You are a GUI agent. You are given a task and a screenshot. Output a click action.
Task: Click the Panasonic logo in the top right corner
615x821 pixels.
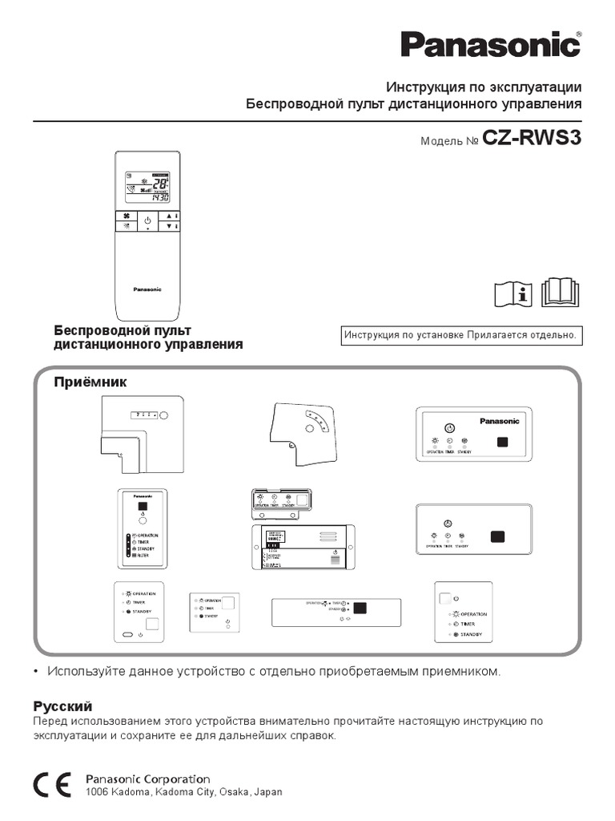click(x=490, y=44)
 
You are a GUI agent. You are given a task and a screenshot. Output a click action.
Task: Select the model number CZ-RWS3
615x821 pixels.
click(x=532, y=138)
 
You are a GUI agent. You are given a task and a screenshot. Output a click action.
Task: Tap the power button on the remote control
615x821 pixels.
click(x=147, y=219)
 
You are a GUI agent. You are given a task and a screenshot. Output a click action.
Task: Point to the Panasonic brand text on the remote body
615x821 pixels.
click(x=147, y=289)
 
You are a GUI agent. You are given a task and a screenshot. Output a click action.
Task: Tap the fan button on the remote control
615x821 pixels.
click(x=126, y=216)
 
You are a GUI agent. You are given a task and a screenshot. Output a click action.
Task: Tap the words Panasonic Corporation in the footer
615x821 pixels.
click(x=148, y=779)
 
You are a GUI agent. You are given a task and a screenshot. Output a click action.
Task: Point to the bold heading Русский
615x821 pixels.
click(x=62, y=706)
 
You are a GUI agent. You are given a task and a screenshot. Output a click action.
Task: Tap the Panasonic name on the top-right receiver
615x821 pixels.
click(x=499, y=421)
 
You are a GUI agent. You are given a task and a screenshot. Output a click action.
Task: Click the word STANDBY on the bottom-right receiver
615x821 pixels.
click(x=472, y=634)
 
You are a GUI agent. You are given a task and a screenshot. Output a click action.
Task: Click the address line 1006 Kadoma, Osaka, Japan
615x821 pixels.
click(x=183, y=792)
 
